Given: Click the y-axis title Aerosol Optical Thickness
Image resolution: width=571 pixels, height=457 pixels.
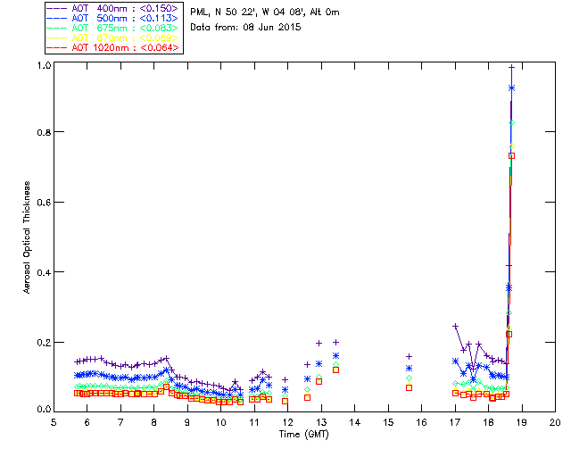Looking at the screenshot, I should pos(28,237).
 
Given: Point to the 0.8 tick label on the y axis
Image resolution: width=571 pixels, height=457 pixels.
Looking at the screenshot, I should pos(42,132).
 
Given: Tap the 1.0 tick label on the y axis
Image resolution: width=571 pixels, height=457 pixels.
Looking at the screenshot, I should pos(42,66).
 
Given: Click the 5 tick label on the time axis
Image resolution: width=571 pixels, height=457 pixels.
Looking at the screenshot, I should pos(54,421).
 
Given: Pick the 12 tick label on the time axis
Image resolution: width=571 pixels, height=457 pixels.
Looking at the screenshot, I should pos(287,421).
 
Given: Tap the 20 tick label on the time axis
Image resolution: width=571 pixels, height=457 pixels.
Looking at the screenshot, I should pos(555,421).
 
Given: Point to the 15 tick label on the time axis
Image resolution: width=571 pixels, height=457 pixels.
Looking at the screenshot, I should pos(387,421).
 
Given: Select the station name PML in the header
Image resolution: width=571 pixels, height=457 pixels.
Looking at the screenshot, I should pos(200,12).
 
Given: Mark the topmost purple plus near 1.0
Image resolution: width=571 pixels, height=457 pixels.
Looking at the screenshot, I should pos(511,67).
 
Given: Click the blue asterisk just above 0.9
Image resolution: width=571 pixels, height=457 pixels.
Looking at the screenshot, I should pos(511,87).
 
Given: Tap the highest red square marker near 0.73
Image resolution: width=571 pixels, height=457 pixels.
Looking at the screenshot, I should pos(511,155).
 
